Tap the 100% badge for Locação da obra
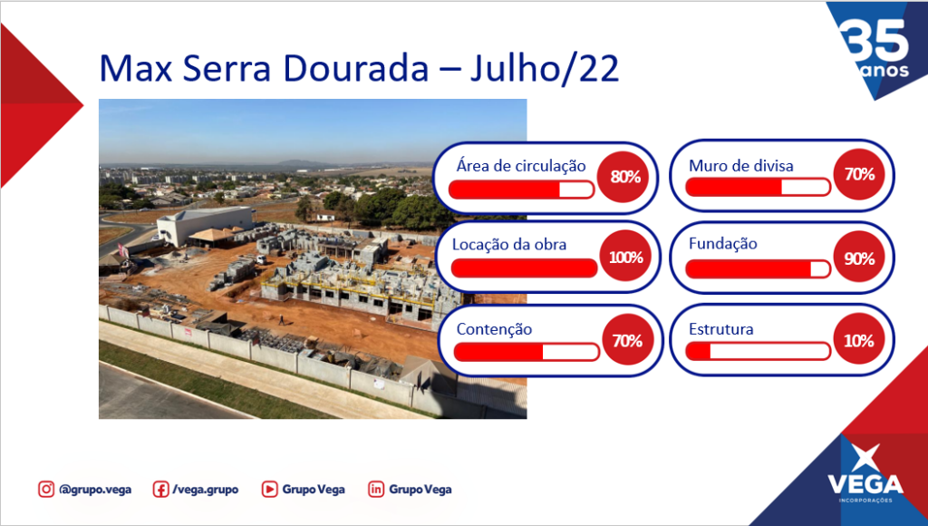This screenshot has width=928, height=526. (625, 257)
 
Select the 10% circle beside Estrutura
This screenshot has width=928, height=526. (859, 341)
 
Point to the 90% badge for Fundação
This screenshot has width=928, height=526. (859, 258)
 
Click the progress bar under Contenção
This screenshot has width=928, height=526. (527, 352)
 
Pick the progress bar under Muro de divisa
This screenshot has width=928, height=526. (759, 187)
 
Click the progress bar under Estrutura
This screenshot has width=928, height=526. (759, 351)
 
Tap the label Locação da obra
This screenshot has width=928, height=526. (509, 245)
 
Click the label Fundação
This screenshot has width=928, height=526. (722, 244)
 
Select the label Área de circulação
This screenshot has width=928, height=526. (521, 166)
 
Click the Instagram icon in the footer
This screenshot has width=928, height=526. (46, 490)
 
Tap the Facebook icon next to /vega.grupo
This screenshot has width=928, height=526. (160, 490)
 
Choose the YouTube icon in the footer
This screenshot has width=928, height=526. (269, 490)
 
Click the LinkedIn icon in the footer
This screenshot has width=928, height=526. (376, 490)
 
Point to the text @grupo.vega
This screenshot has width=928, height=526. (95, 490)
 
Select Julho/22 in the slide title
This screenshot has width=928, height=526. (545, 69)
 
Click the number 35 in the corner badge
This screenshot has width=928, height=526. (876, 40)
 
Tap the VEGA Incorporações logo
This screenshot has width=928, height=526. (865, 474)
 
